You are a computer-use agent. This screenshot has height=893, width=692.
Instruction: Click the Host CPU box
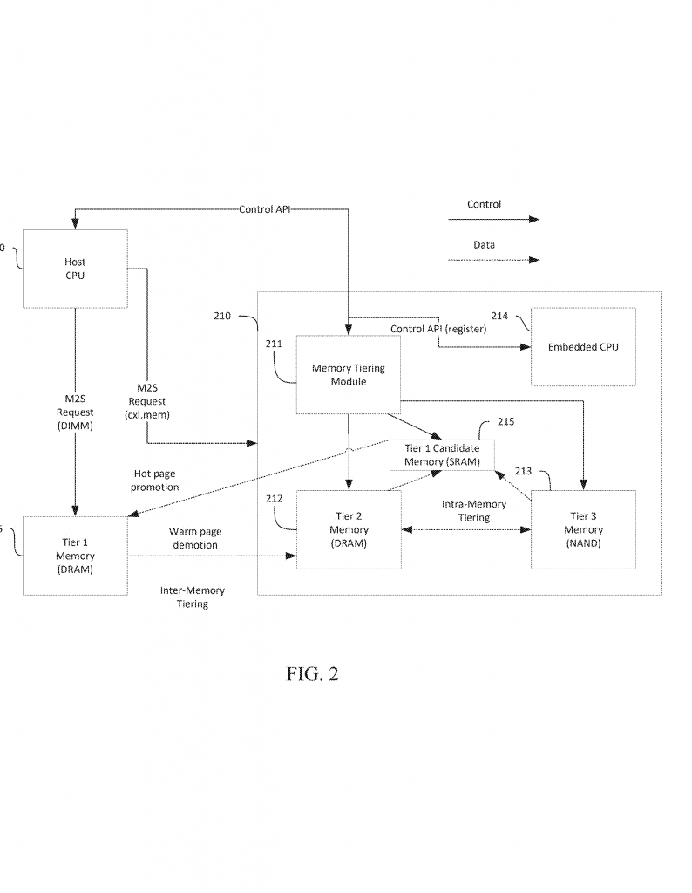click(75, 269)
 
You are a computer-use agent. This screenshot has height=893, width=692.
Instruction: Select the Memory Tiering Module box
click(348, 375)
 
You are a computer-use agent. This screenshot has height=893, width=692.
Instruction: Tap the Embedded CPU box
click(583, 347)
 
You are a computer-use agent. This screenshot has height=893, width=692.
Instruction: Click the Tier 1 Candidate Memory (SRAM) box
click(442, 455)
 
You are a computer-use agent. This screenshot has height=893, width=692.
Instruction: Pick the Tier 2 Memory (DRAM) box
click(349, 529)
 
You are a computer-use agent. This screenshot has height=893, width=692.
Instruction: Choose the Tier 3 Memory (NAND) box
click(583, 529)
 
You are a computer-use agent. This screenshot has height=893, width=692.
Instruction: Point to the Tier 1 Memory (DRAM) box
click(75, 556)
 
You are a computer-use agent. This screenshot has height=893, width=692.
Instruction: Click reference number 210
click(223, 316)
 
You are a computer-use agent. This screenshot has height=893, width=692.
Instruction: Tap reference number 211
click(275, 344)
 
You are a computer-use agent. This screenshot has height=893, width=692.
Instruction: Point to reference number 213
click(523, 472)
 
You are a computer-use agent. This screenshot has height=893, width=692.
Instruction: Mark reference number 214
click(499, 316)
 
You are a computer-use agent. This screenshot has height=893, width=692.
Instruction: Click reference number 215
click(505, 422)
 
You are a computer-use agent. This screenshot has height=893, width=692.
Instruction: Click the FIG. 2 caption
click(312, 674)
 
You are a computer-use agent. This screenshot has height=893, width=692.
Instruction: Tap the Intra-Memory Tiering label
click(474, 511)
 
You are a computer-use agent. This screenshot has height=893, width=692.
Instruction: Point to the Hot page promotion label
click(155, 481)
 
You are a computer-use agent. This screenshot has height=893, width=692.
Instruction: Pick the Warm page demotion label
click(193, 538)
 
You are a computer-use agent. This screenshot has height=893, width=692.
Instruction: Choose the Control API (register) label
click(438, 329)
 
